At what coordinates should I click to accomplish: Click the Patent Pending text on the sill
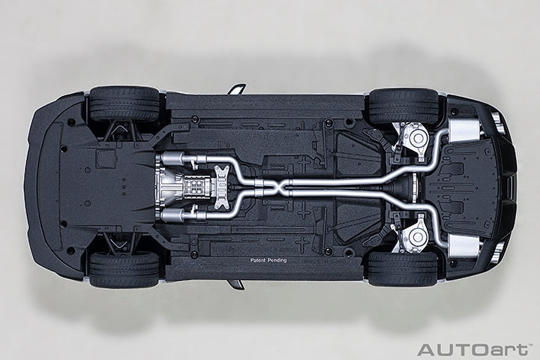pyautogui.click(x=268, y=260)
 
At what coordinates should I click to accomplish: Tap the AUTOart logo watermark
pyautogui.click(x=472, y=349)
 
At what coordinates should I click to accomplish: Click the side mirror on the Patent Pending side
pyautogui.click(x=236, y=283)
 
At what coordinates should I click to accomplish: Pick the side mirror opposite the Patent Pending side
pyautogui.click(x=236, y=89)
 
